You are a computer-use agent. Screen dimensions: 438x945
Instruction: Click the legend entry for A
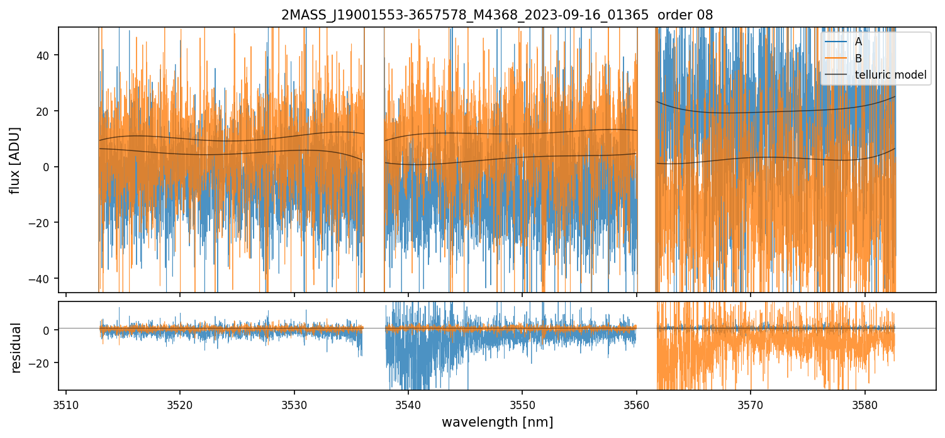pos(858,42)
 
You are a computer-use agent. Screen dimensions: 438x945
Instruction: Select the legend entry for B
pos(858,59)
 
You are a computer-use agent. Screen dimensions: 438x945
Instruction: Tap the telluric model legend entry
pos(890,75)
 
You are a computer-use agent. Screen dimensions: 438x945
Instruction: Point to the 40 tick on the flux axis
pos(45,55)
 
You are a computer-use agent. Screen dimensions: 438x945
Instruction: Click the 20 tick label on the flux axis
pos(45,111)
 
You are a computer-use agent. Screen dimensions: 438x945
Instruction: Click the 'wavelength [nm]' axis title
pos(497,422)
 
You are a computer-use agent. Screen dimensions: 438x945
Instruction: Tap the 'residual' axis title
pos(16,347)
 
